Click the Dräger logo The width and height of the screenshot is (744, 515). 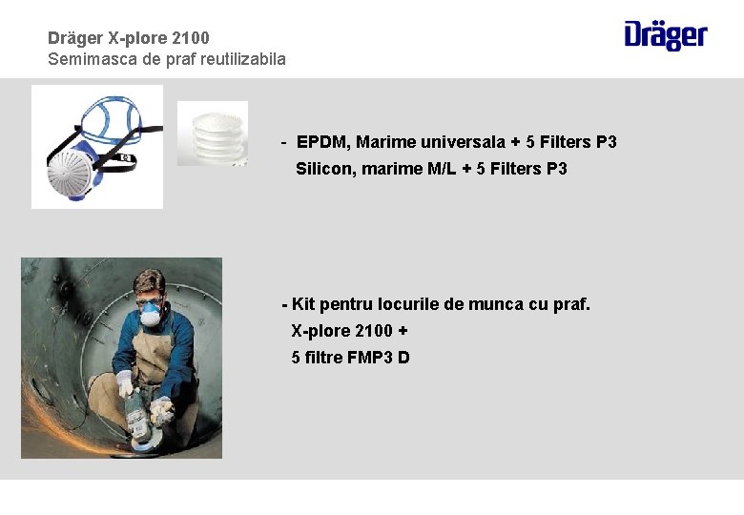click(x=666, y=35)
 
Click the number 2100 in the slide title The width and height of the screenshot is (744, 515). click(x=193, y=38)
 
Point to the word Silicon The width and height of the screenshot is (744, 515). click(x=325, y=169)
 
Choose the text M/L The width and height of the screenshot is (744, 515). click(x=443, y=169)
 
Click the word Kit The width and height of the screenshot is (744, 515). click(x=303, y=304)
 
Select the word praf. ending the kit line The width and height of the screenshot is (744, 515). click(x=570, y=304)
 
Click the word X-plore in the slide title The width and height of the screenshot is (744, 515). click(x=130, y=38)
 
